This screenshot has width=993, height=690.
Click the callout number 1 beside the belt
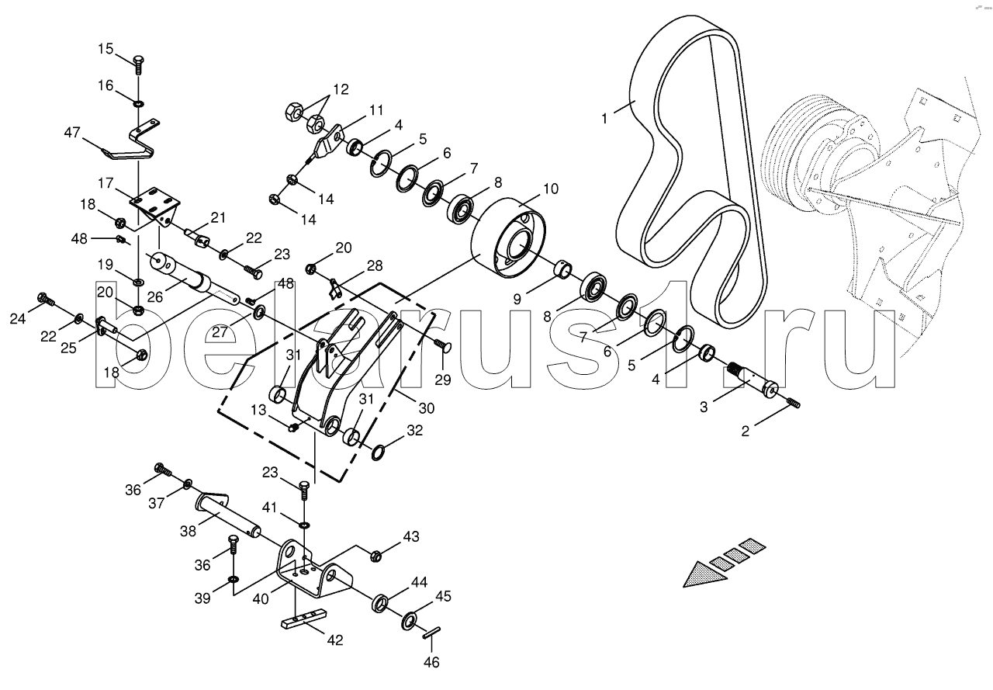pos(604,119)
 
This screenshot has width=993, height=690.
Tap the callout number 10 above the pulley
pos(551,189)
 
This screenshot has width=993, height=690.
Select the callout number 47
pos(72,132)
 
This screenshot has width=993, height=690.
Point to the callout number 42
pos(335,640)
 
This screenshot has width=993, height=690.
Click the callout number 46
pos(431,663)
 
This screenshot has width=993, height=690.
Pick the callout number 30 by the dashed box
pos(427,408)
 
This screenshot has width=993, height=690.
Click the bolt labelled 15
pos(139,66)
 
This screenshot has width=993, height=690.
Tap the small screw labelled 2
pos(794,403)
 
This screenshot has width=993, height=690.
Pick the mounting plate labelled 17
pos(155,206)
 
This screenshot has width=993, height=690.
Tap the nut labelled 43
pos(376,555)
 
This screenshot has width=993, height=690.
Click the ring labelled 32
pos(378,453)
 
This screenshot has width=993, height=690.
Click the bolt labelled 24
pos(47,300)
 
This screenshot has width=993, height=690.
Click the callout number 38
pos(188,531)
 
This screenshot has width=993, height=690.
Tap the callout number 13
pos(258,410)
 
